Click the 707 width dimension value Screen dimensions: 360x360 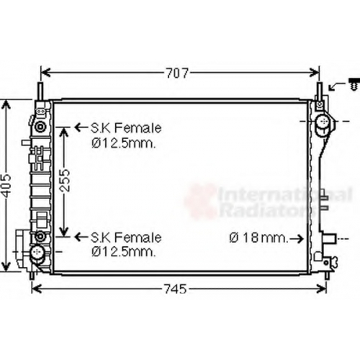pyautogui.click(x=178, y=73)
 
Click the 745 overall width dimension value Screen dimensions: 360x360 pyautogui.click(x=176, y=289)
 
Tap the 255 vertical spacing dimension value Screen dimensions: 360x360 pyautogui.click(x=65, y=180)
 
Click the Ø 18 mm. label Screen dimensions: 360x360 pyautogui.click(x=258, y=238)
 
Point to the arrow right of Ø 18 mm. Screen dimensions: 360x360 pyautogui.click(x=297, y=238)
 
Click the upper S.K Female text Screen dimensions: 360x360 pyautogui.click(x=126, y=128)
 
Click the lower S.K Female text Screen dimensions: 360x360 pyautogui.click(x=126, y=238)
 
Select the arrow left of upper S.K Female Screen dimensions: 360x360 pyautogui.click(x=81, y=127)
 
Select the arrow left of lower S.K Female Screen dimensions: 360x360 pyautogui.click(x=81, y=237)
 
